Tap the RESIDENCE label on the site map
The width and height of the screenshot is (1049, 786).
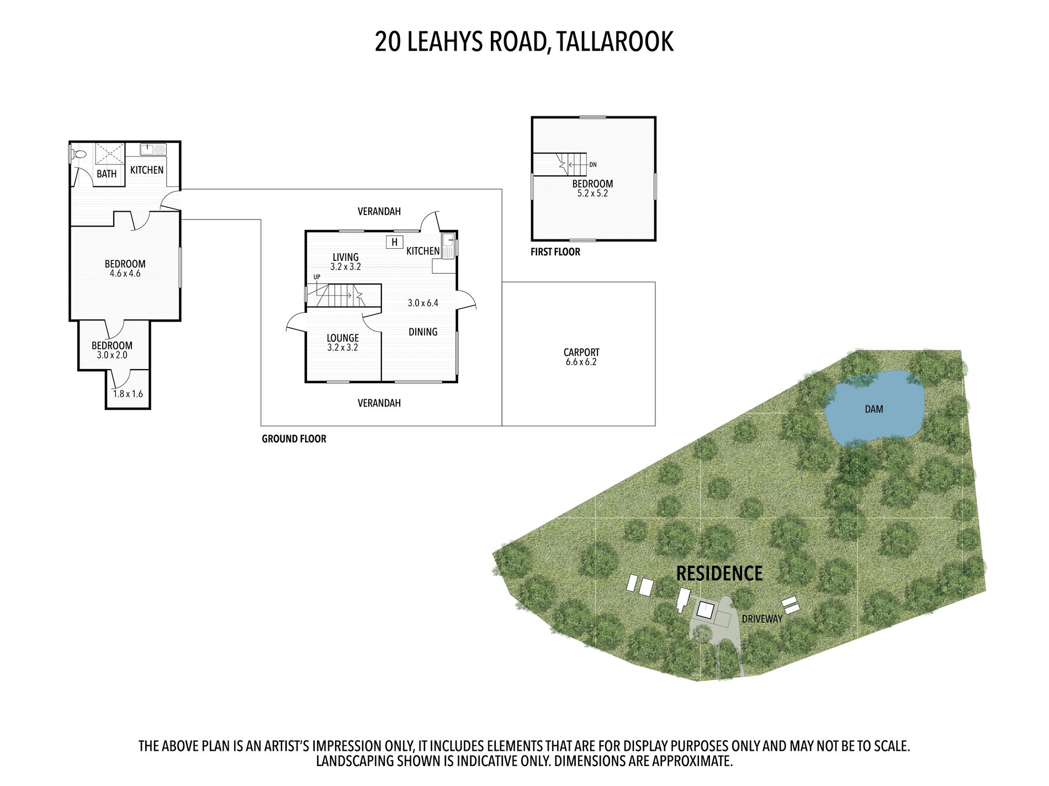point(719,574)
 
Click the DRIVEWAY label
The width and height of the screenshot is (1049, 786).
point(762,619)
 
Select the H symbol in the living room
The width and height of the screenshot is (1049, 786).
point(394,242)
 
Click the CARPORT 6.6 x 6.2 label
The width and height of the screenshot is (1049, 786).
point(581,357)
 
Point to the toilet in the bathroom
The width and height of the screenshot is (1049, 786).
point(79,154)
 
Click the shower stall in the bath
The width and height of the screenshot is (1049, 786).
point(110,153)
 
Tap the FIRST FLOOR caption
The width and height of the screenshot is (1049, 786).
point(555,252)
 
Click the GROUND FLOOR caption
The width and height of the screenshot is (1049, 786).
point(294,439)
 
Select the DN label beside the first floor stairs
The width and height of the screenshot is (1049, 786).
point(593,164)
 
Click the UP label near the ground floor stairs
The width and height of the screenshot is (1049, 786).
point(317,277)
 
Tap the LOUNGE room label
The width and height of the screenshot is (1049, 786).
point(343,338)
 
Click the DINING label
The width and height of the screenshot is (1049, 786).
point(423,331)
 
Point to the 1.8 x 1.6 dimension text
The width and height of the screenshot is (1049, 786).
point(128,394)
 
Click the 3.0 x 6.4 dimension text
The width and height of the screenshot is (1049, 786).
point(423,303)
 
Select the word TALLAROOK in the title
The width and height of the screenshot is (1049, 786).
point(615,41)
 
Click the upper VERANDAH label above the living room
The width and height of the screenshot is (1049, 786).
point(379,211)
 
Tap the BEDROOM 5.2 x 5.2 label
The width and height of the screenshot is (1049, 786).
point(592,188)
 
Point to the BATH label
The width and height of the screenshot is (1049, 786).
point(107,174)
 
